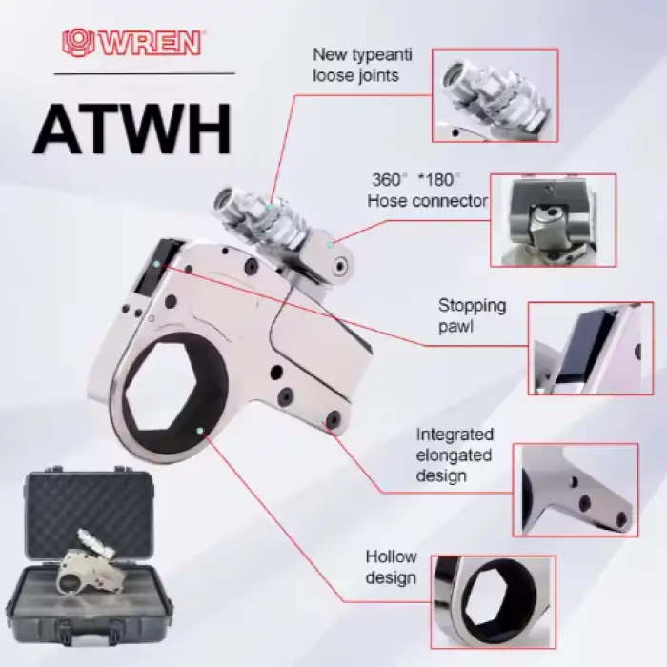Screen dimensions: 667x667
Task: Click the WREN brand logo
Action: click(131, 43)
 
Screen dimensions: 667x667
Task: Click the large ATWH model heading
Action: click(132, 129)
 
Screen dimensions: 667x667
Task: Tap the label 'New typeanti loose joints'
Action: click(362, 65)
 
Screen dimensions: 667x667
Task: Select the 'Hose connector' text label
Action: click(428, 201)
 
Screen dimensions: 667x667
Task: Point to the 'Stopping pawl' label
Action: click(473, 315)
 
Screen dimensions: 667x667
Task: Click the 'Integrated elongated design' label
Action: click(455, 455)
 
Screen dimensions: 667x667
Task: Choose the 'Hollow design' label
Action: click(391, 567)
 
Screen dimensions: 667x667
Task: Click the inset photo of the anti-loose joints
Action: click(495, 95)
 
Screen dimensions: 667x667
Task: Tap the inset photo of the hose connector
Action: click(553, 220)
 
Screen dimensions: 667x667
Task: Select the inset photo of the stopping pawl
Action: click(591, 349)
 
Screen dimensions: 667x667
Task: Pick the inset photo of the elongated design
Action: click(576, 490)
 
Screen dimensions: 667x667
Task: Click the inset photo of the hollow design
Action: click(494, 602)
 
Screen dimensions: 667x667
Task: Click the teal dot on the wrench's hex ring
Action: click(200, 431)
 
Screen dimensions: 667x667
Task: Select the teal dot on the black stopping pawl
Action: click(157, 264)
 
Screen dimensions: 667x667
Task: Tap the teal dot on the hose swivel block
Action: click(329, 245)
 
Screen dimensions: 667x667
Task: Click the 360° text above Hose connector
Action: click(386, 179)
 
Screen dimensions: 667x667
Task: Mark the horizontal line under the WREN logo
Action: click(144, 73)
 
